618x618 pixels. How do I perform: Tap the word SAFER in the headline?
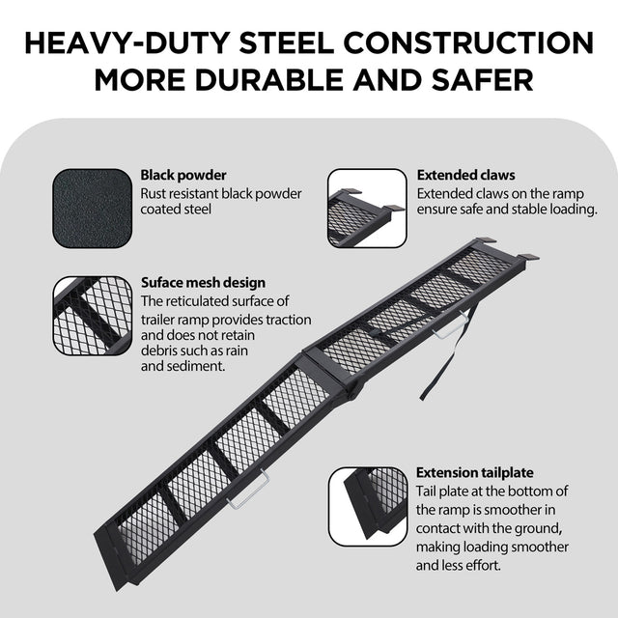click(x=480, y=79)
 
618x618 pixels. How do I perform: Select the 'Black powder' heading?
click(x=183, y=176)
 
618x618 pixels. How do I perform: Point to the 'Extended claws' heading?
click(x=465, y=176)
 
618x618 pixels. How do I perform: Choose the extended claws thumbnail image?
click(x=367, y=206)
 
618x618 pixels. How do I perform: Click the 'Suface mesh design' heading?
click(x=203, y=283)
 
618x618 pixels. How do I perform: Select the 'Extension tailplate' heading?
click(x=475, y=473)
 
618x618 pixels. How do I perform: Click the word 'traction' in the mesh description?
click(x=286, y=319)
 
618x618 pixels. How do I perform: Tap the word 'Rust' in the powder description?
click(x=156, y=193)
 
